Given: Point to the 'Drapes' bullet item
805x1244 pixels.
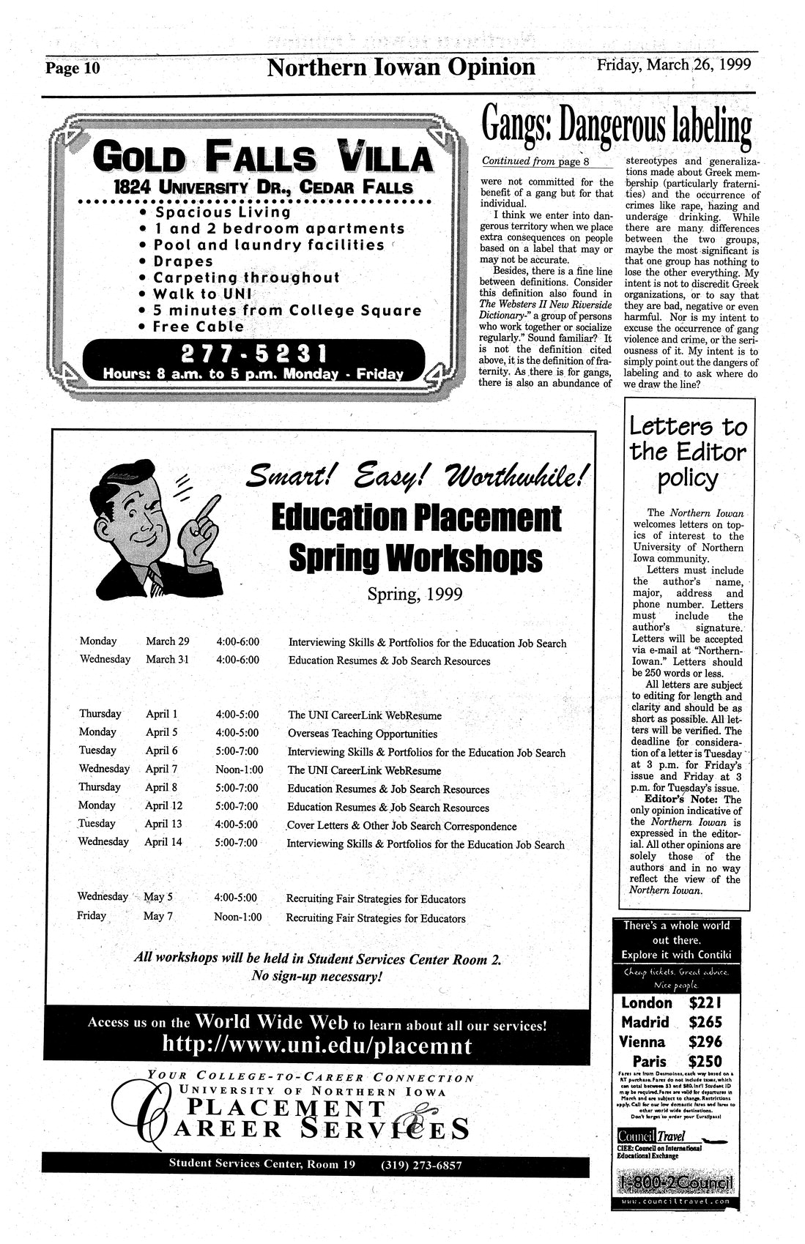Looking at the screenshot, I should [183, 261].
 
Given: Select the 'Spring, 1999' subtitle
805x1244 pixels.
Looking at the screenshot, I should [415, 594].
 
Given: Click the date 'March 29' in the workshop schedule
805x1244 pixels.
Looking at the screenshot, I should [167, 641].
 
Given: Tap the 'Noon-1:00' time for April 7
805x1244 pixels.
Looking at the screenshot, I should [239, 770].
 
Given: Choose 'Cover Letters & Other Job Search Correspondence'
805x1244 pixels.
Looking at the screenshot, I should [401, 826].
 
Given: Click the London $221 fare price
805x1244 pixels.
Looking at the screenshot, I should [705, 1003].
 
